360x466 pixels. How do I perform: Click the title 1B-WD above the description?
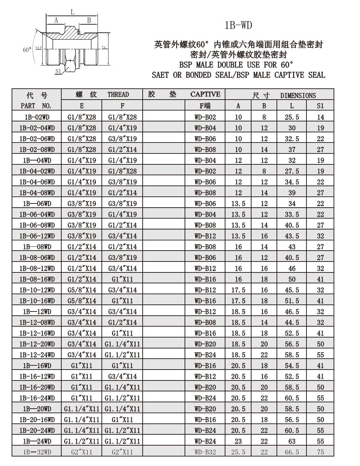pyautogui.click(x=238, y=25)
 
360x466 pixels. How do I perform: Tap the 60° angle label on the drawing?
pyautogui.click(x=27, y=50)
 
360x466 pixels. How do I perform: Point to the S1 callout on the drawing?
pyautogui.click(x=58, y=71)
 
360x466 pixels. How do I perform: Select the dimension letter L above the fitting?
pyautogui.click(x=72, y=12)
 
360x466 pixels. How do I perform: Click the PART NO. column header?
pyautogui.click(x=36, y=106)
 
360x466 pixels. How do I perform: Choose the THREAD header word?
pyautogui.click(x=118, y=94)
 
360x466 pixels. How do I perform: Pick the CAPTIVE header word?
pyautogui.click(x=205, y=94)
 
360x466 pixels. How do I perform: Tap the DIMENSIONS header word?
pyautogui.click(x=298, y=95)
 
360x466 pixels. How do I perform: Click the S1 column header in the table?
pyautogui.click(x=320, y=106)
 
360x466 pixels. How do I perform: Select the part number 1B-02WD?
pyautogui.click(x=37, y=117)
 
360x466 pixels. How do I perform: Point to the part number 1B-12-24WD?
pyautogui.click(x=37, y=355)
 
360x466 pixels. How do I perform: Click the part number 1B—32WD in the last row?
pyautogui.click(x=37, y=452)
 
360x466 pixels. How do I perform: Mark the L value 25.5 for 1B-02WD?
pyautogui.click(x=292, y=117)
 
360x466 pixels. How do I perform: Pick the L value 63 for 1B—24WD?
pyautogui.click(x=292, y=441)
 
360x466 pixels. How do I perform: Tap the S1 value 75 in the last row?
pyautogui.click(x=320, y=452)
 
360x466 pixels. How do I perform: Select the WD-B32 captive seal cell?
pyautogui.click(x=205, y=452)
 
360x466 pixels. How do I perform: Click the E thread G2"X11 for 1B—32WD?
pyautogui.click(x=81, y=452)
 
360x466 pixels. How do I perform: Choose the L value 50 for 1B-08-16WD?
pyautogui.click(x=292, y=279)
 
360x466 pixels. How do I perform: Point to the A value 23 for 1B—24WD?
pyautogui.click(x=238, y=441)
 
